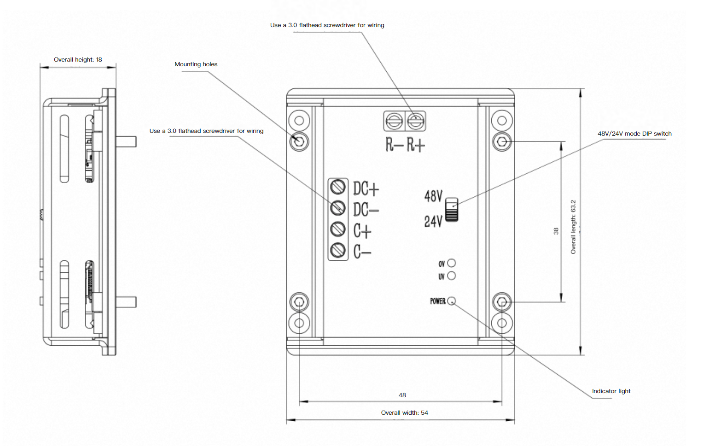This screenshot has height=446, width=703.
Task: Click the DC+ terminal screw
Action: (338, 187)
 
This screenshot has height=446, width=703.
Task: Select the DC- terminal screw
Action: (338, 208)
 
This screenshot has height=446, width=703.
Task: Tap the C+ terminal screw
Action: (338, 229)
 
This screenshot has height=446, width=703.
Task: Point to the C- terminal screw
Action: (338, 250)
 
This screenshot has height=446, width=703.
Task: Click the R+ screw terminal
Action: (416, 122)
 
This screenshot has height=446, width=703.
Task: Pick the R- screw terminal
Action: (394, 122)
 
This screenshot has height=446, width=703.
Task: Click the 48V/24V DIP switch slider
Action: (452, 210)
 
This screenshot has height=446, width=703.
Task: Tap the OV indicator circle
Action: (452, 263)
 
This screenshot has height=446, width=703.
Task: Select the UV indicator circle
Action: (452, 276)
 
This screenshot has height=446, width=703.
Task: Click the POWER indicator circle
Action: (452, 301)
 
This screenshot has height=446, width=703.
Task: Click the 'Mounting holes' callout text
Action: (196, 64)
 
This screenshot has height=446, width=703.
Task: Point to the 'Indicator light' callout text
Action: (611, 391)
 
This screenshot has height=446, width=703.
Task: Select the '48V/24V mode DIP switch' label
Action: (634, 134)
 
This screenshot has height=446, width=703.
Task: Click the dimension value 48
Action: (402, 395)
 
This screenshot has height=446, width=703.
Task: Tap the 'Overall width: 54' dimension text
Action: (404, 413)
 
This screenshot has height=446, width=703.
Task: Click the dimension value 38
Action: (556, 231)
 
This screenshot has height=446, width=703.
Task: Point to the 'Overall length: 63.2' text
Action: (573, 227)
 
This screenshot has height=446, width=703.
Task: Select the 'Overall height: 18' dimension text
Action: (78, 60)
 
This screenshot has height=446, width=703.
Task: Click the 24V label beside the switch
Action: (433, 222)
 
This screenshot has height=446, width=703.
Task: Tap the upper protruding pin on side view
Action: (126, 141)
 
